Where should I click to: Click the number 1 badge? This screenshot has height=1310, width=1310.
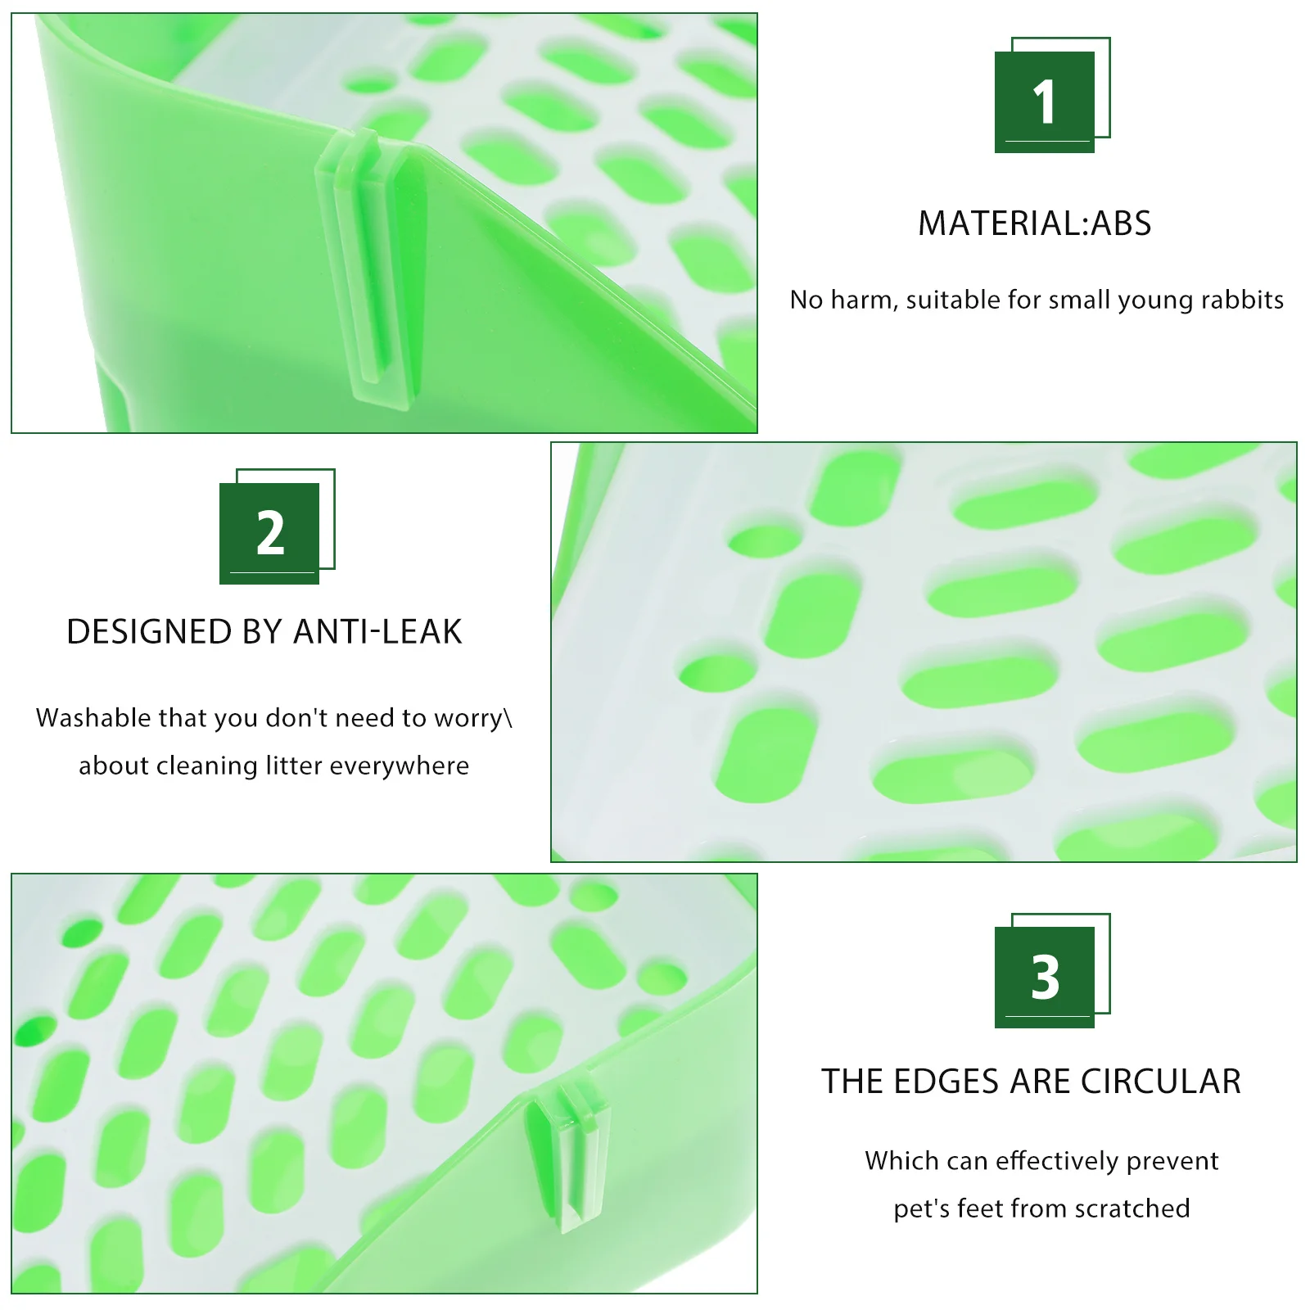[1045, 102]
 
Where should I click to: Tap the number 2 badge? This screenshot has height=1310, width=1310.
[269, 533]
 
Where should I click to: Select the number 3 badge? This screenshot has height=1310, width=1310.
[1045, 977]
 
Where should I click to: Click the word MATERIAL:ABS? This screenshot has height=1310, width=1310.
[1034, 224]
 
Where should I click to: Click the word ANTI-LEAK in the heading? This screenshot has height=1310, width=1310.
[377, 632]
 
